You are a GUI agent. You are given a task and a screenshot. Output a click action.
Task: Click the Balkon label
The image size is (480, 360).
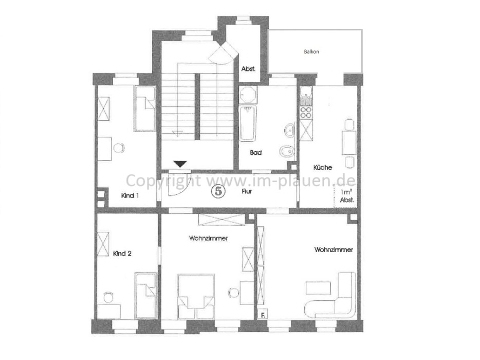(311, 51)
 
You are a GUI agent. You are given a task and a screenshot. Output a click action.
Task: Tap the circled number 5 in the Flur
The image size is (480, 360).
(218, 191)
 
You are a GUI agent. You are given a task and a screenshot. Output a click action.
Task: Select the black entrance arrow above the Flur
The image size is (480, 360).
(180, 164)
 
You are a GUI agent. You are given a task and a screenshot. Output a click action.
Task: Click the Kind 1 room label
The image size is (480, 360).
(130, 195)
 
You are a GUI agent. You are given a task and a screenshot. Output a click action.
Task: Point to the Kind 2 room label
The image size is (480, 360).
(123, 253)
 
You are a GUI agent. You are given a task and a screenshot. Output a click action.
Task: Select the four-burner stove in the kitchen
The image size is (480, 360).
(306, 112)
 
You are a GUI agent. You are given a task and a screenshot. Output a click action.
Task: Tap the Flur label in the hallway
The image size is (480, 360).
(248, 191)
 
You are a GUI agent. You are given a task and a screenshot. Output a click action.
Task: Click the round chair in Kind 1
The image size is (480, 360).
(119, 148)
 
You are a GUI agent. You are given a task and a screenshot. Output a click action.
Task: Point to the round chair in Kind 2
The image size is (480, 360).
(108, 297)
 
